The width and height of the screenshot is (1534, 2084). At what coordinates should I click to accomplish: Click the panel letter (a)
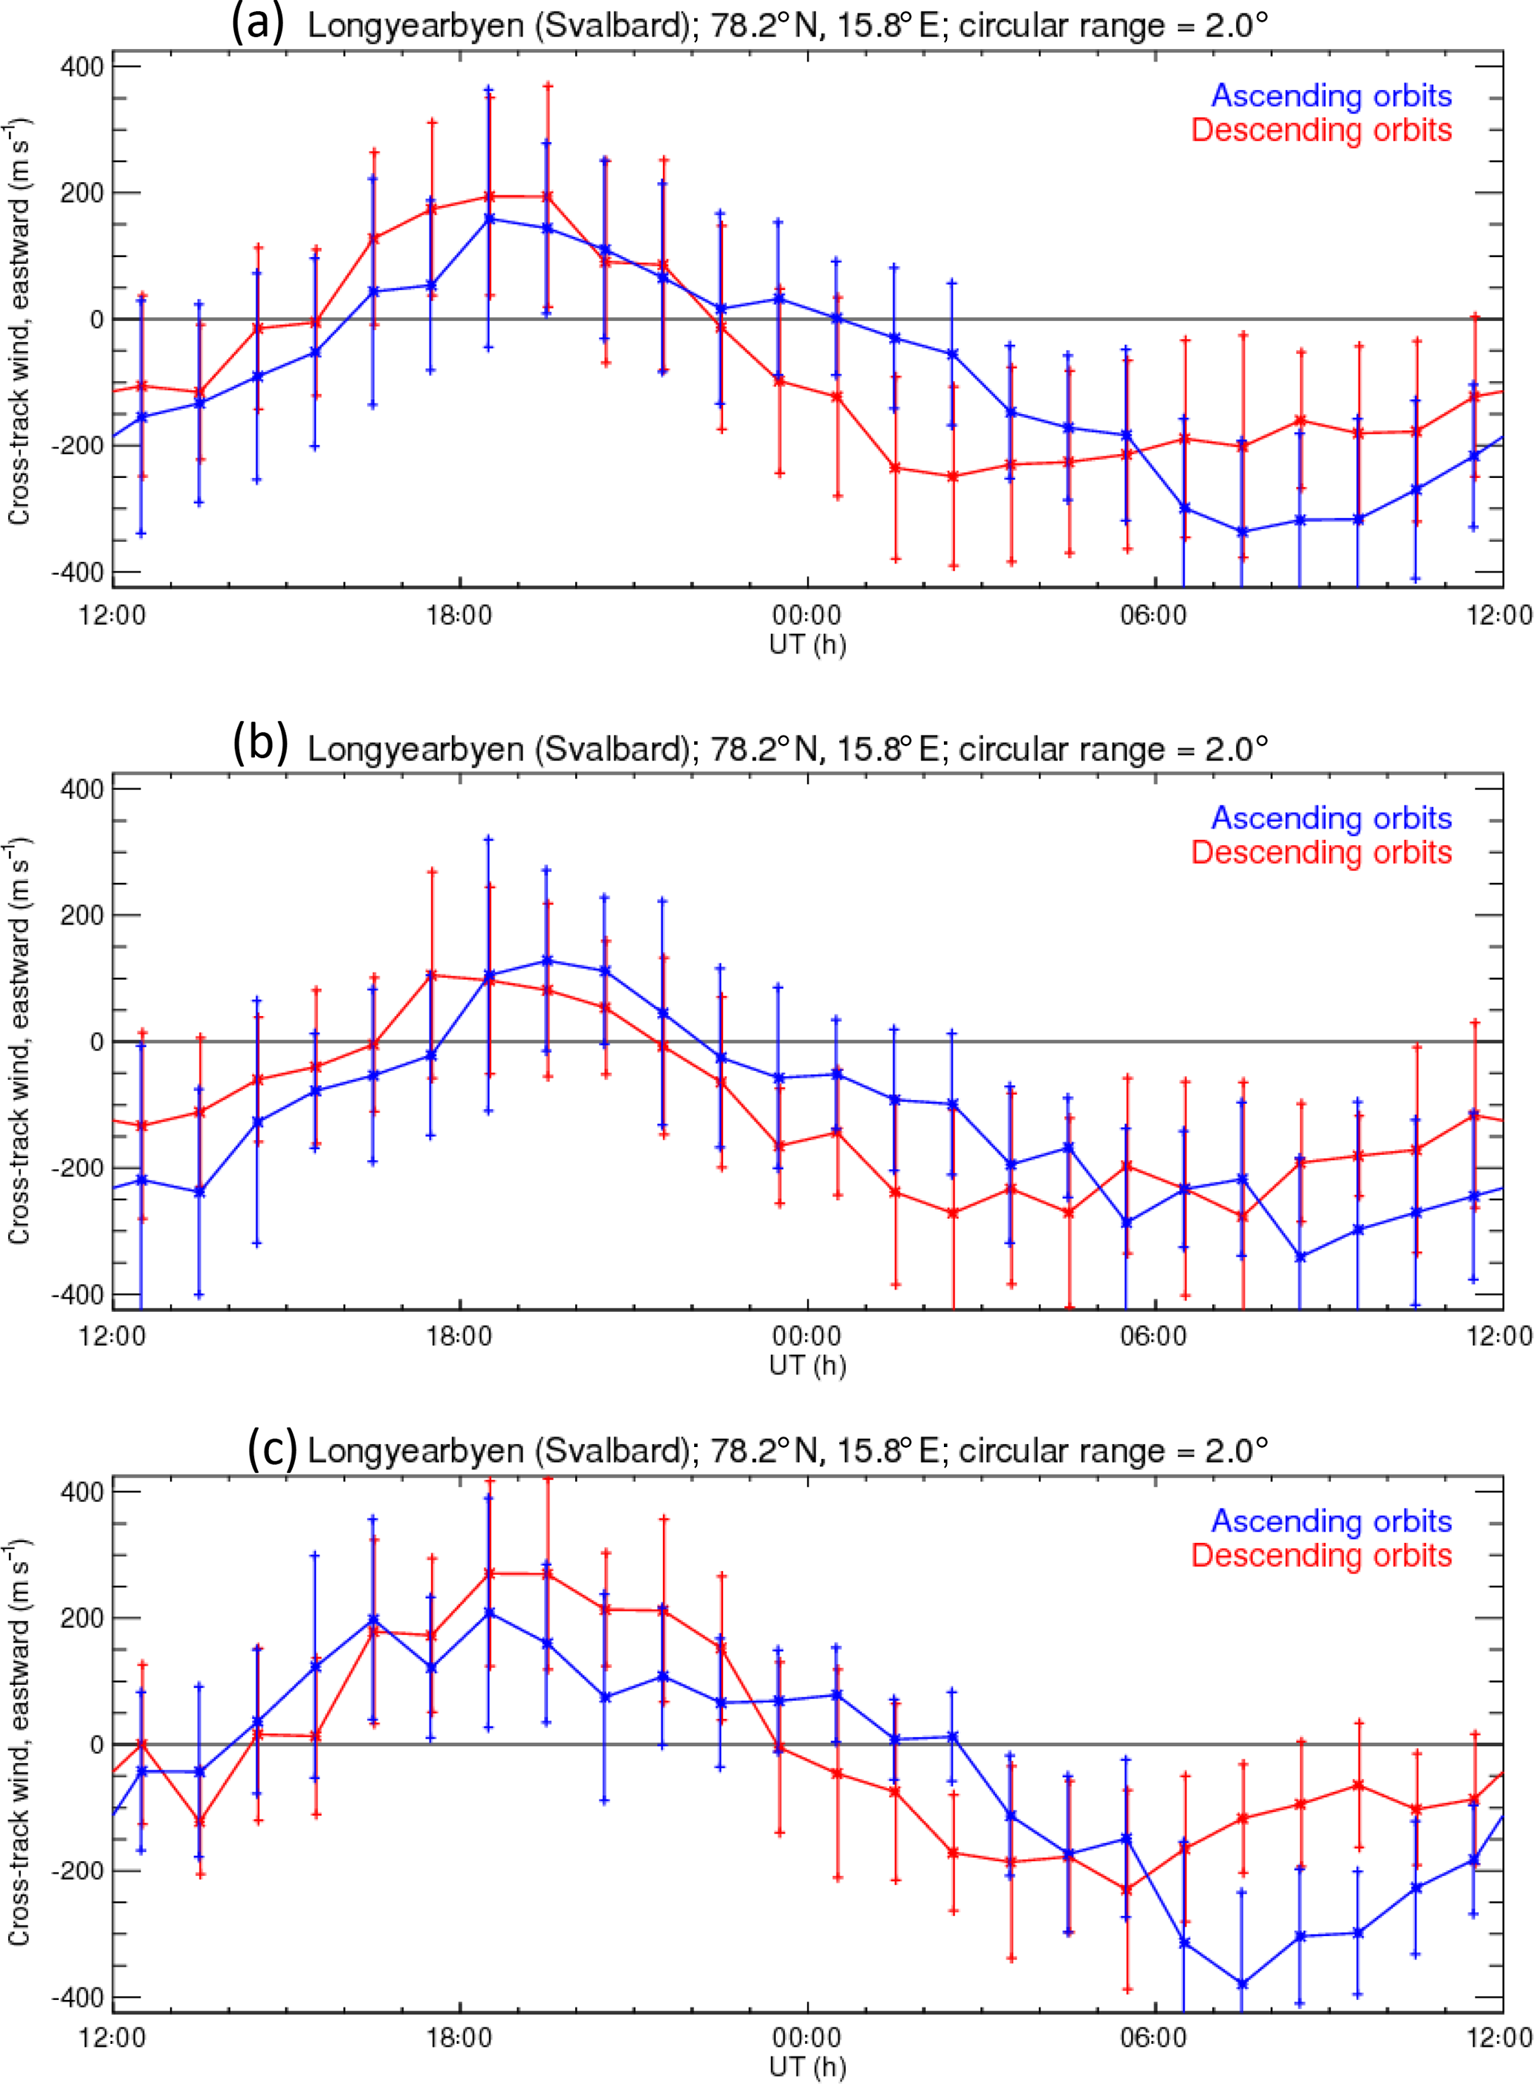click(257, 22)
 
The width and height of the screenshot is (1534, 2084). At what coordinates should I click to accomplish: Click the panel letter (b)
click(260, 744)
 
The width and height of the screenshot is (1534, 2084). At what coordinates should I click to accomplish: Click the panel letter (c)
click(272, 1448)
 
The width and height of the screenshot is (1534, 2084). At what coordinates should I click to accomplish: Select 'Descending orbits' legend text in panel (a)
click(1321, 130)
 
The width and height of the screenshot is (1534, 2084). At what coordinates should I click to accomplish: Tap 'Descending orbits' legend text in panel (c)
click(1321, 1556)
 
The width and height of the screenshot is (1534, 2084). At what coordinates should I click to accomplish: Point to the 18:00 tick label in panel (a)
click(459, 615)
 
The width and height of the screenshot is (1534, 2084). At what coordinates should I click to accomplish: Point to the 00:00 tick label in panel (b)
click(807, 1337)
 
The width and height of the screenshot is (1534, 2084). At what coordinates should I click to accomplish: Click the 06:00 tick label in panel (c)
click(1153, 2039)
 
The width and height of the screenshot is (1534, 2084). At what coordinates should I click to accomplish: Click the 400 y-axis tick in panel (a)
click(82, 67)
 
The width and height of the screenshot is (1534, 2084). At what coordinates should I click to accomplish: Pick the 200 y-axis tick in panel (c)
click(82, 1619)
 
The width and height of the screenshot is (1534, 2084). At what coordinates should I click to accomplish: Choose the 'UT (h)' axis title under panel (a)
click(807, 644)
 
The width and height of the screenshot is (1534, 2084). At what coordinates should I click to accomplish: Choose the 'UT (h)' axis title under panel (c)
click(807, 2068)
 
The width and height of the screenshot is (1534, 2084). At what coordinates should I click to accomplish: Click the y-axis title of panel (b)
click(19, 1041)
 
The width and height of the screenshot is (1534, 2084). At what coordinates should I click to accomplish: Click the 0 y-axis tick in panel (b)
click(96, 1042)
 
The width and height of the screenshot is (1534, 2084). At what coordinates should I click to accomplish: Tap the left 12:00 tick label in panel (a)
click(112, 615)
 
